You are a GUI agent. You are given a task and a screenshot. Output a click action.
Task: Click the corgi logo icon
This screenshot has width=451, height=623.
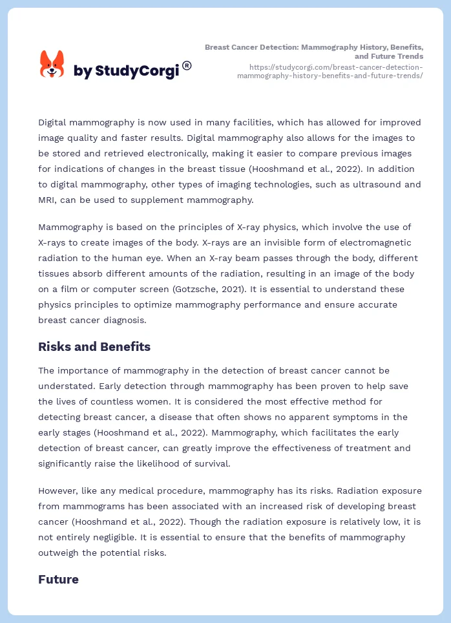coord(52,64)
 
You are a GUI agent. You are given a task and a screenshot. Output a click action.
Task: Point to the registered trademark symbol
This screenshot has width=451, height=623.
coord(187,65)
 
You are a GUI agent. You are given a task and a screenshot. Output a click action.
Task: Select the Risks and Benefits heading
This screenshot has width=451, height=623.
coord(94,347)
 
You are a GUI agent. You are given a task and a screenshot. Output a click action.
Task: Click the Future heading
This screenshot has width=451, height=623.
coord(58,579)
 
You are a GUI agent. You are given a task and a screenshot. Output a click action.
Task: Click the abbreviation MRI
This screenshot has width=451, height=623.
coord(50,200)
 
